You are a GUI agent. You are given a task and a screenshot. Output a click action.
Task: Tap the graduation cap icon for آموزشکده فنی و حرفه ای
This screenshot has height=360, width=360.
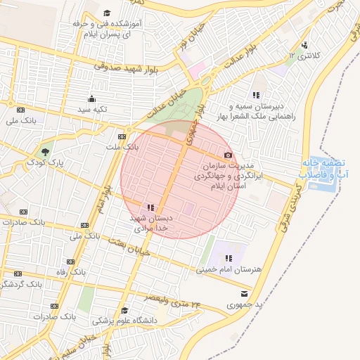click(107, 13)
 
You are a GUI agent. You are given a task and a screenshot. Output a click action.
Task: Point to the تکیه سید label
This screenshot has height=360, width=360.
click(91, 109)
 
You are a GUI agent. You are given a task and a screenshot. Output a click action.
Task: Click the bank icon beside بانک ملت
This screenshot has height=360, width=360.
click(122, 136)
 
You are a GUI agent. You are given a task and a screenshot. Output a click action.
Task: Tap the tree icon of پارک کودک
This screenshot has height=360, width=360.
click(46, 151)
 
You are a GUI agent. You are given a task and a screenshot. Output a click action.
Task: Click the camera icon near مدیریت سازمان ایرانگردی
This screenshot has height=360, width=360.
click(228, 155)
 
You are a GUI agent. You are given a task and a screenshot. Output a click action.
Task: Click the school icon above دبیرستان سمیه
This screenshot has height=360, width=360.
click(255, 94)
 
